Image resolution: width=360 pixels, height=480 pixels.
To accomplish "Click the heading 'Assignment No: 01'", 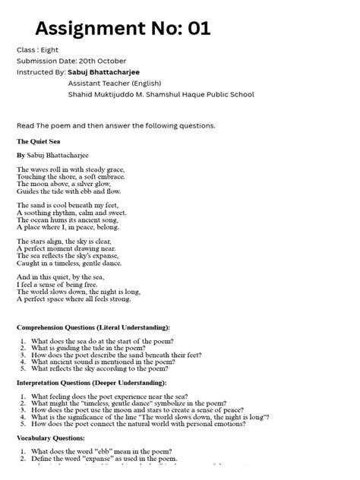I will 122,29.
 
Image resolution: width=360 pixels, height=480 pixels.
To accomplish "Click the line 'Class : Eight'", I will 38,49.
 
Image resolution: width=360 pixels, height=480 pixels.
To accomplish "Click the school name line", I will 161,95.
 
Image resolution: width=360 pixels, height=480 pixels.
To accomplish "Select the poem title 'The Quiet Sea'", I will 40,141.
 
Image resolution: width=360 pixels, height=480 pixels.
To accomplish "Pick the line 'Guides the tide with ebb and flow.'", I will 69,191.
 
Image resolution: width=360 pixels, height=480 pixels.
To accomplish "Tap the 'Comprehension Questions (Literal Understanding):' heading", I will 93,327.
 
